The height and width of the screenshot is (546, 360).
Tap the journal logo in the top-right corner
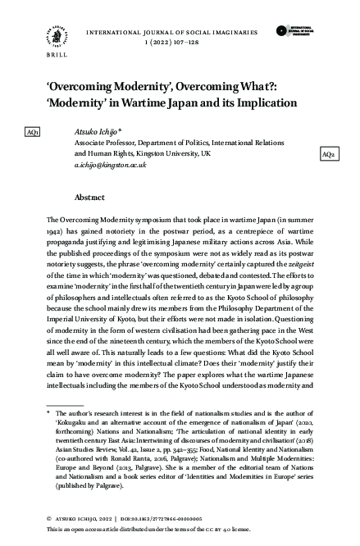[x=295, y=32]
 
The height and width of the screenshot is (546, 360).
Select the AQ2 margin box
[x=327, y=154]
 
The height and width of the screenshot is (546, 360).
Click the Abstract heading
[x=89, y=198]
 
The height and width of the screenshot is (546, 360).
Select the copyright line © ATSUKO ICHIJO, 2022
[x=77, y=520]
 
